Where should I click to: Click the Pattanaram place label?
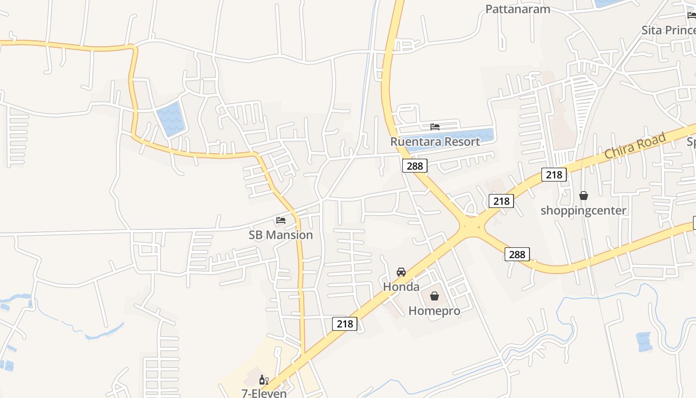pos(518,9)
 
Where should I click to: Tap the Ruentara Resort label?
pos(435,141)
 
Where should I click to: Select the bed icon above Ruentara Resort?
pos(435,126)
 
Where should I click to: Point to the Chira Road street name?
pos(635,146)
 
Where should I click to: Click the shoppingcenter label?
pos(583,210)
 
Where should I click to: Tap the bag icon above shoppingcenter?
pos(584,196)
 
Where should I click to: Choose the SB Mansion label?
pos(281,235)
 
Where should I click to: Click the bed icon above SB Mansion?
pos(281,220)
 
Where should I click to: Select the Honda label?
pos(401,287)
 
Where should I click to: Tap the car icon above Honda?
pos(401,272)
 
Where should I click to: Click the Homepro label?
pos(434,311)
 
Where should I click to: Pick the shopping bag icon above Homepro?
pos(435,296)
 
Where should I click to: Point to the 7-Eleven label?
pos(264,393)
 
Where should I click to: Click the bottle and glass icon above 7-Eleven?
pos(263,380)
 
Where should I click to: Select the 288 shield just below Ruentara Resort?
pos(415,166)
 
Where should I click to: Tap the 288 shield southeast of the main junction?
pos(517,254)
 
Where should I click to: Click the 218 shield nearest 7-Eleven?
pos(345,324)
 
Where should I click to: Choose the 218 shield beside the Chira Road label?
pos(554,174)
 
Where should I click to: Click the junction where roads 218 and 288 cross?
pos(469,227)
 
